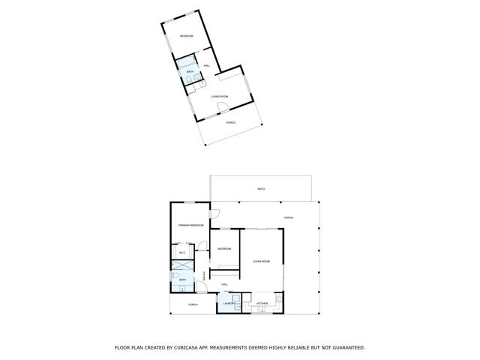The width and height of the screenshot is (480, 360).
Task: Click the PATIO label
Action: click(x=261, y=188)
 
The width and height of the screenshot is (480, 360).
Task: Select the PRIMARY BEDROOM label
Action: click(x=190, y=226)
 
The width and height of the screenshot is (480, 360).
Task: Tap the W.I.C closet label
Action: click(x=182, y=253)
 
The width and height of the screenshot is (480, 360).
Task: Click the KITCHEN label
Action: click(x=262, y=304)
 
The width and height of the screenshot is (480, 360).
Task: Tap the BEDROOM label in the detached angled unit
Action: click(x=185, y=36)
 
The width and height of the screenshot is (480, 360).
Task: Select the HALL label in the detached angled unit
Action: click(x=206, y=66)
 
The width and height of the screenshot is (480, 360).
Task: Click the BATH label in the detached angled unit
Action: click(x=190, y=71)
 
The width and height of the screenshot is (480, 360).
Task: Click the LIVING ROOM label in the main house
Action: click(x=261, y=261)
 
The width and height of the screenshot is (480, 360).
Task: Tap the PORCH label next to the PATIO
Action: click(x=289, y=217)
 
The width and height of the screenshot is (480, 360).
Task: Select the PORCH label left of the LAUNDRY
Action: click(x=193, y=304)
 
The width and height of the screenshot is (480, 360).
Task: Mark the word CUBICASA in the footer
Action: click(x=190, y=347)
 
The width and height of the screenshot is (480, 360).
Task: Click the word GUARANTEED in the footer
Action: click(x=345, y=347)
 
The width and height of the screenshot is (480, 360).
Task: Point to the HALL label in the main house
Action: click(x=224, y=284)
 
